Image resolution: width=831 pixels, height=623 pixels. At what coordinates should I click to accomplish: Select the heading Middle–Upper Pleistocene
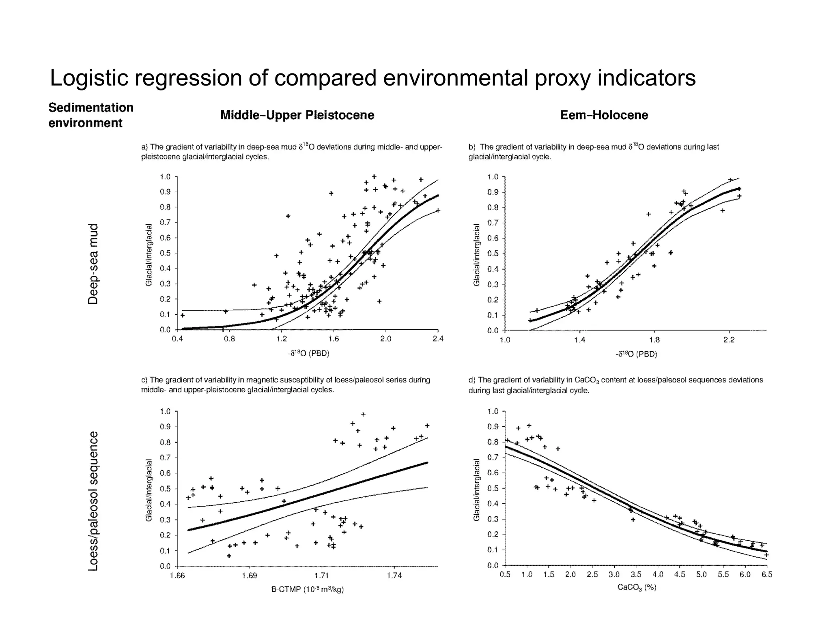click(297, 115)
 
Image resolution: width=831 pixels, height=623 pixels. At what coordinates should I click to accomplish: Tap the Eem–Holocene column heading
click(604, 115)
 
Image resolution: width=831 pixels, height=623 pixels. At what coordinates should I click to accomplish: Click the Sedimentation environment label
click(91, 115)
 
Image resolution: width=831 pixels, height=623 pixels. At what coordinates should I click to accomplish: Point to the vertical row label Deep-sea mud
click(93, 264)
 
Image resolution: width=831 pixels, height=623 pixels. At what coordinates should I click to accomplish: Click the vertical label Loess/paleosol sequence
click(93, 501)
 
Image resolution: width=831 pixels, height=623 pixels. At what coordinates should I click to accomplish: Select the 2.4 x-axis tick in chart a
click(438, 339)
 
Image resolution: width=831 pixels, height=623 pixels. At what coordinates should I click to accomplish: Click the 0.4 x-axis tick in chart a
click(177, 339)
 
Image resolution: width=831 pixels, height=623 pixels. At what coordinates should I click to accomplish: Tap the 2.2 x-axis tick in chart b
click(729, 340)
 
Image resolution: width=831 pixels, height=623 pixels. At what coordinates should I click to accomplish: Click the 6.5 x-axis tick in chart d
click(766, 574)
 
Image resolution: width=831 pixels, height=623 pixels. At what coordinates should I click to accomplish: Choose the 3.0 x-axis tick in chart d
click(614, 574)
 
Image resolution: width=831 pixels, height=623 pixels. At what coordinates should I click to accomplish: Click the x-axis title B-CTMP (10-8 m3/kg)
click(307, 589)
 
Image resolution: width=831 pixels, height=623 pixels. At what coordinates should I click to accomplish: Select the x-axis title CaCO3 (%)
click(637, 587)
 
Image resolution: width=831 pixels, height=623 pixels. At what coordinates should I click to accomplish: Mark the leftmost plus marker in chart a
click(183, 315)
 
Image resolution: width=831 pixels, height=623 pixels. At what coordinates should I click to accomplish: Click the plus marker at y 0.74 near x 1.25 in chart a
click(288, 216)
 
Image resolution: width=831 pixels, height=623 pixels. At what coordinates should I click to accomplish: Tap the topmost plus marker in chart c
click(363, 414)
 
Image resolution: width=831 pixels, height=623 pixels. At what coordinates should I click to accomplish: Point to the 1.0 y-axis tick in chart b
click(492, 177)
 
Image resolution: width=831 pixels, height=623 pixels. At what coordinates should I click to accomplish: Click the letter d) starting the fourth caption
click(472, 380)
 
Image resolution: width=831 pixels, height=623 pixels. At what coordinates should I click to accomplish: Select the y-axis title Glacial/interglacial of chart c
click(149, 490)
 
